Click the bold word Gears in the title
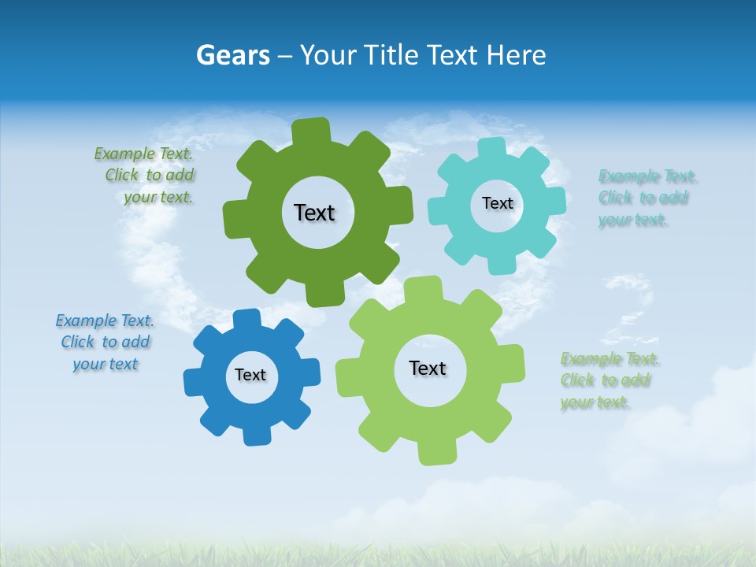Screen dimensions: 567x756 232,55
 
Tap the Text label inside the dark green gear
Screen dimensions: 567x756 314,213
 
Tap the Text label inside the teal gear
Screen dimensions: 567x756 497,203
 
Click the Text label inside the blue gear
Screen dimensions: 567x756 250,375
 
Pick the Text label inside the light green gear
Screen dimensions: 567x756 428,368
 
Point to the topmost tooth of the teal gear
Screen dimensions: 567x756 492,148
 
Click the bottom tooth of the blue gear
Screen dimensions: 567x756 256,435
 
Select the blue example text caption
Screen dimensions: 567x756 105,342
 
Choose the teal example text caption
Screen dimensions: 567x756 645,198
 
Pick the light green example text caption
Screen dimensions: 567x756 608,380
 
